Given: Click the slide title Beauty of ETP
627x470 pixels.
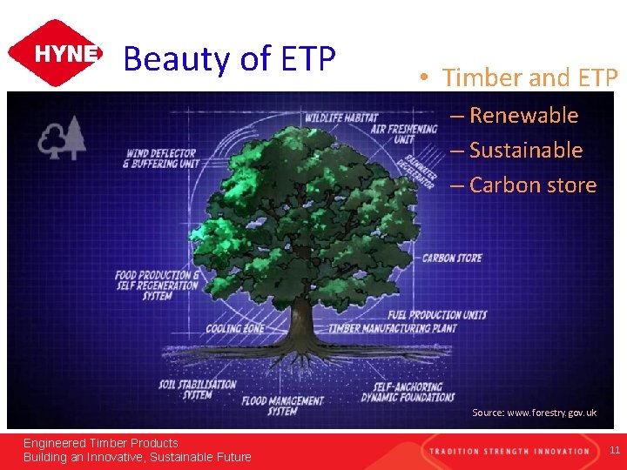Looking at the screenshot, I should (x=229, y=59).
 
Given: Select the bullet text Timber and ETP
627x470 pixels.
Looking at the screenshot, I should (x=529, y=77).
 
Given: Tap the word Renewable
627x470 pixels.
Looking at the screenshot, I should (x=523, y=115).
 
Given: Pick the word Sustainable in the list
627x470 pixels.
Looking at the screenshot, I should (x=525, y=150).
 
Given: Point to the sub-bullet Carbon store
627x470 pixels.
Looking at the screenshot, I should (x=532, y=185).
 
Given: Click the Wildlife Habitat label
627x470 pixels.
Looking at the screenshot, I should (x=341, y=117).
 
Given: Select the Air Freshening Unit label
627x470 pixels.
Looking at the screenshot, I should (x=403, y=133).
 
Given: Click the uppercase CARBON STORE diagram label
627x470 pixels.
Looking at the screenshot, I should (x=451, y=258).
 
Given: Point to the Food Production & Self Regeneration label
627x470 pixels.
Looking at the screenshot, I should (x=158, y=285).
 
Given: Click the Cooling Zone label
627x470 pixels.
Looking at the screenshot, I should (x=235, y=329).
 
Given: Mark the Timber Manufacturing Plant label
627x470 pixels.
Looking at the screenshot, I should (x=394, y=329).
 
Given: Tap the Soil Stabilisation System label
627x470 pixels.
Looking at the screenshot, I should (x=198, y=389).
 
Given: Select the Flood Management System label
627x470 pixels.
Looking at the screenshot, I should (x=282, y=406).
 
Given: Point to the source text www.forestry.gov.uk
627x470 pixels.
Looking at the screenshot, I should (x=534, y=413).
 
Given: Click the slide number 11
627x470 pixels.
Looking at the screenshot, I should (x=614, y=450).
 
